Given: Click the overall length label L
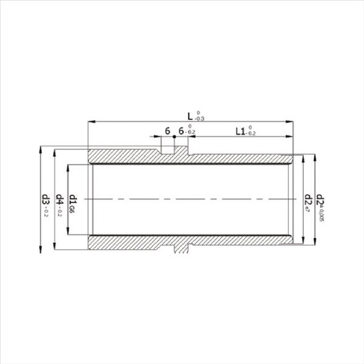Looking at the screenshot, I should [190, 115].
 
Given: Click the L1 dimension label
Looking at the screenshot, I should [239, 131].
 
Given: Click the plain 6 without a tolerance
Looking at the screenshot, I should [167, 131].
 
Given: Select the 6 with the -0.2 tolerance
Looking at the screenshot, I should [181, 131].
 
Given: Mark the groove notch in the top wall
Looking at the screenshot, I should [167, 149].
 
